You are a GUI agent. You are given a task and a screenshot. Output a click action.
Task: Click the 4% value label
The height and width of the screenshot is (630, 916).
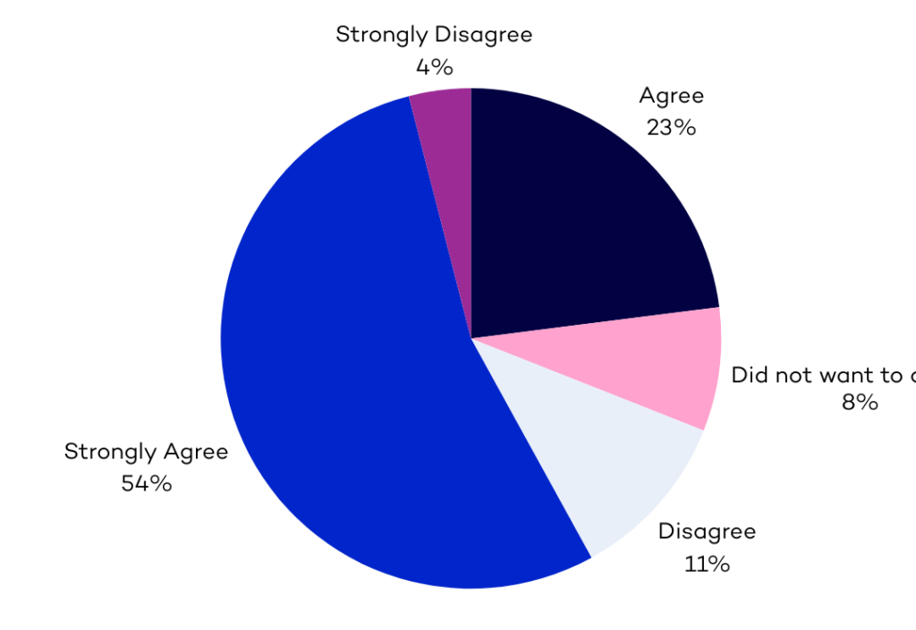coord(434,67)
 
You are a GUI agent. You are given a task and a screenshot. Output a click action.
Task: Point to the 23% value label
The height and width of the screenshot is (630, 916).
coord(671,127)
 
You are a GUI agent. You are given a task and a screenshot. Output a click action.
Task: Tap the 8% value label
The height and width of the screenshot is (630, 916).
coord(859,403)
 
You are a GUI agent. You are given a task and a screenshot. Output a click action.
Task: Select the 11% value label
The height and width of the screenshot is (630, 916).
coord(707,564)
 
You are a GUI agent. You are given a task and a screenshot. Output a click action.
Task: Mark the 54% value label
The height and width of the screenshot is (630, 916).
coord(147,484)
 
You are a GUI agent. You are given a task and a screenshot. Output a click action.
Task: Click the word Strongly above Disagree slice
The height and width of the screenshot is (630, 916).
coord(382,36)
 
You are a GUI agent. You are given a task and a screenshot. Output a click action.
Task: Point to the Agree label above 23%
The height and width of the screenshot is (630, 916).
coord(671,97)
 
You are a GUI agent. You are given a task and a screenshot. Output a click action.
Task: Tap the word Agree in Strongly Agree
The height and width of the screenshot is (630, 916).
coord(195,453)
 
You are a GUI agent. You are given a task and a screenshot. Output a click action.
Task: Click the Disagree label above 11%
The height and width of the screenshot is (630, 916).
coord(707,532)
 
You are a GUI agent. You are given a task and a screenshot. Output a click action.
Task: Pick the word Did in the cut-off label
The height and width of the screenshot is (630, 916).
coord(750,375)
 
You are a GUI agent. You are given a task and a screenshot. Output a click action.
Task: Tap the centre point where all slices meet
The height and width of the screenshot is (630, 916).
coord(471,338)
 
